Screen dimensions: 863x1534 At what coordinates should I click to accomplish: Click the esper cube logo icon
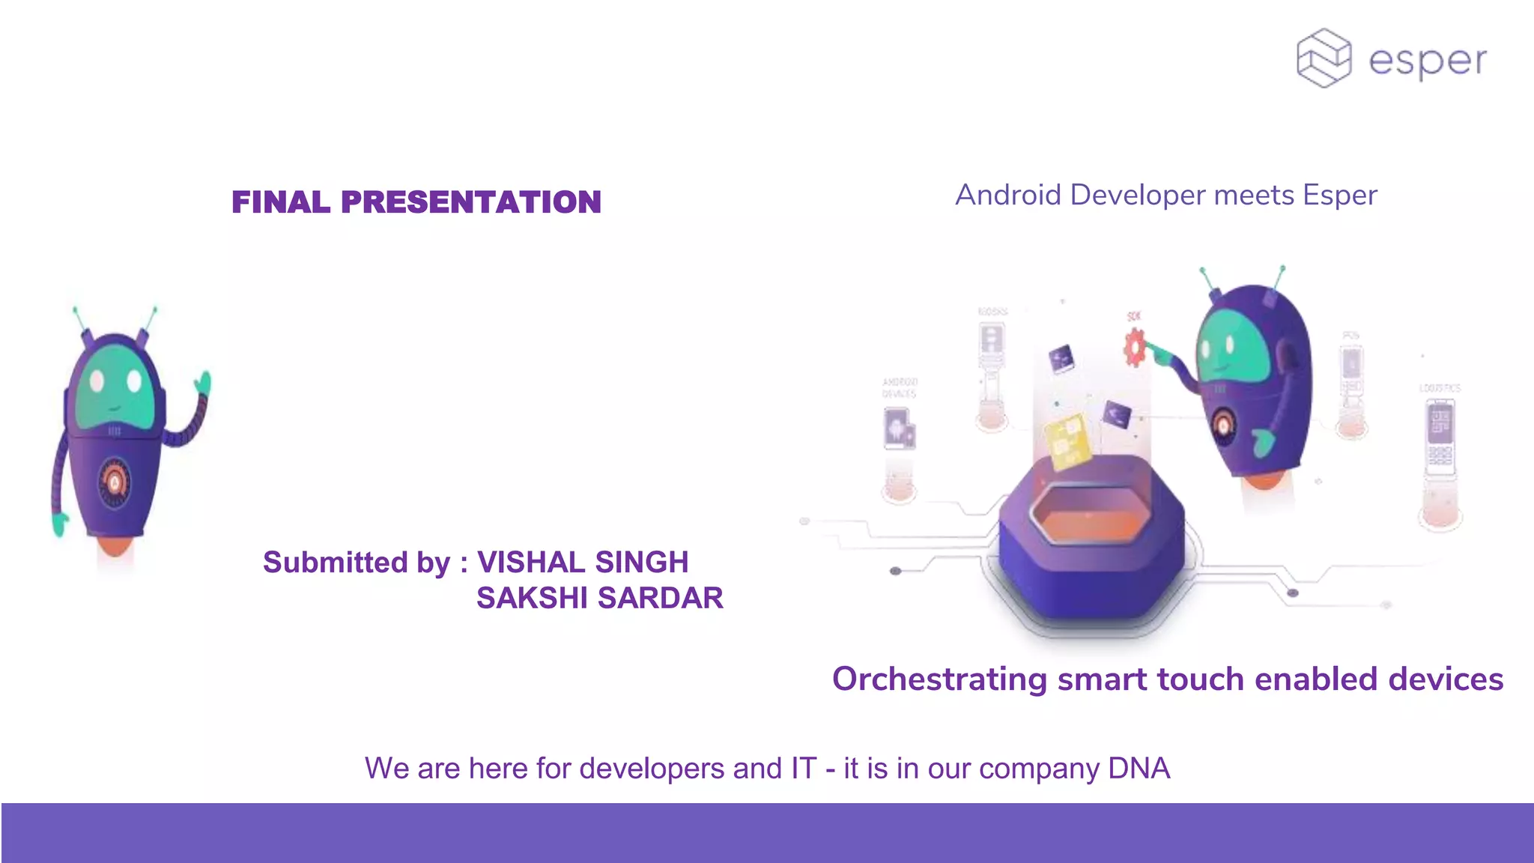click(1324, 58)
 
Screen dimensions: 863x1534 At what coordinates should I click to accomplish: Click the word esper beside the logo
click(1428, 61)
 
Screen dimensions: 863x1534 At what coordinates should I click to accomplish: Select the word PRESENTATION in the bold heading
click(471, 202)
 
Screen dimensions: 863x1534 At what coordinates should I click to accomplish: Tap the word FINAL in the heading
click(281, 202)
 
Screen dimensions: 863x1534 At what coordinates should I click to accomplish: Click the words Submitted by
click(357, 563)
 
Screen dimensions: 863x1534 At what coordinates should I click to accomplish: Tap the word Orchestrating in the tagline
click(939, 679)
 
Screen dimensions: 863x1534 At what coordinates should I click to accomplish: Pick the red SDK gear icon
click(1135, 348)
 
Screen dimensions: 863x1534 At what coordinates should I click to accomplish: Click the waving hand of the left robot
click(203, 384)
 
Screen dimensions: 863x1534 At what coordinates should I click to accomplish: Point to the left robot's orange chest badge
click(115, 484)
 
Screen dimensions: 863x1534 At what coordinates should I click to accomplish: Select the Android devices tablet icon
click(898, 429)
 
